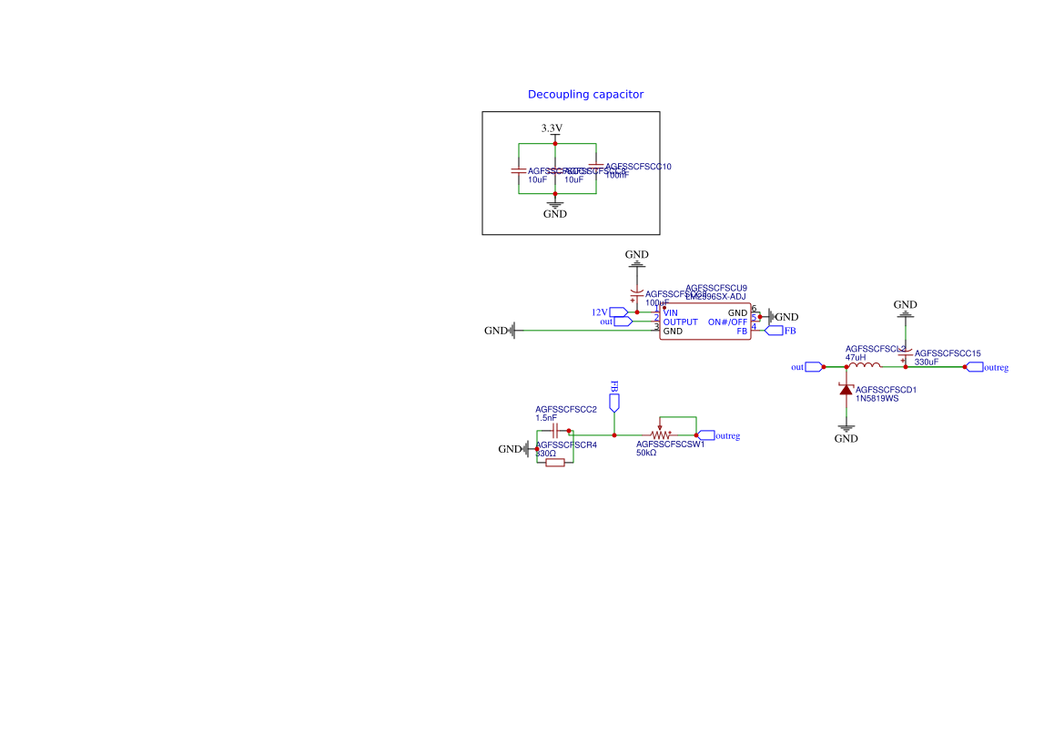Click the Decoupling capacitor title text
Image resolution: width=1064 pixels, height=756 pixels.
[x=585, y=95]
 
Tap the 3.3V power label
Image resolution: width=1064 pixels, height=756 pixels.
[x=552, y=128]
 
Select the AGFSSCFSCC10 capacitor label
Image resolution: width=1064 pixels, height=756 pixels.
[x=638, y=167]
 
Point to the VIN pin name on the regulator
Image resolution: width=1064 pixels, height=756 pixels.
[x=671, y=313]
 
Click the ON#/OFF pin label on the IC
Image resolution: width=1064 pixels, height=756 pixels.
[x=727, y=322]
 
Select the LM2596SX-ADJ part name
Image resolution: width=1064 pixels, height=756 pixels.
[x=715, y=297]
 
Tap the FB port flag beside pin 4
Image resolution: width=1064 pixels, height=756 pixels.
[x=774, y=331]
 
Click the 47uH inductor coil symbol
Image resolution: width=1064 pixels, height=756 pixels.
[x=864, y=366]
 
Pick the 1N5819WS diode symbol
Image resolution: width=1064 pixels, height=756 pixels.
[x=846, y=390]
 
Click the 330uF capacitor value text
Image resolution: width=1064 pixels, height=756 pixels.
[x=927, y=362]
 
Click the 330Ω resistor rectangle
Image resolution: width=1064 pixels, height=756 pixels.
[x=554, y=463]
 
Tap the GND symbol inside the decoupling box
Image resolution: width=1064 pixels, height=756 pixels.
[x=554, y=209]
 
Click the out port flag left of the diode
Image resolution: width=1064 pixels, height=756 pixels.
[x=813, y=367]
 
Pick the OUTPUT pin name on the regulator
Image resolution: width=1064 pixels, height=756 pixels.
[x=681, y=322]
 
